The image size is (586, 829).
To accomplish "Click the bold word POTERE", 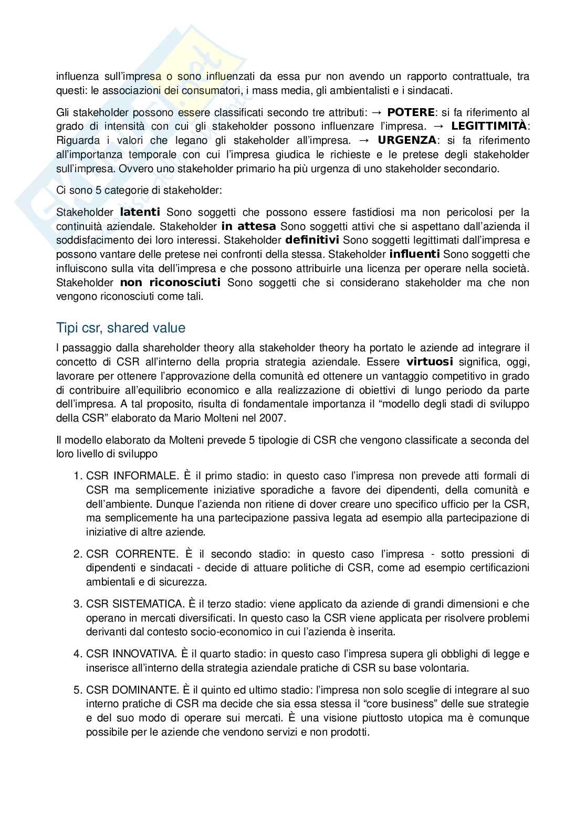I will [x=411, y=112].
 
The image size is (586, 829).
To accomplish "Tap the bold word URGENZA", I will [x=407, y=141].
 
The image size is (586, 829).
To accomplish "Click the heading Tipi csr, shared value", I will [x=121, y=328].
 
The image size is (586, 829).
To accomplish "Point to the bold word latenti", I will [x=140, y=213].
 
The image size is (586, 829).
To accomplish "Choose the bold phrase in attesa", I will [x=248, y=227].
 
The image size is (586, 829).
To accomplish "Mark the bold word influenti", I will [x=414, y=255].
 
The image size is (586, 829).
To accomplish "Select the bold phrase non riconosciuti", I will [x=170, y=283].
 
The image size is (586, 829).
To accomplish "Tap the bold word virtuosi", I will [x=430, y=362].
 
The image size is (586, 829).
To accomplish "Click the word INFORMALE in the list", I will [x=145, y=476].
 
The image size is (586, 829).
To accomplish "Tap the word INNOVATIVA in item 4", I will [x=144, y=654].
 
